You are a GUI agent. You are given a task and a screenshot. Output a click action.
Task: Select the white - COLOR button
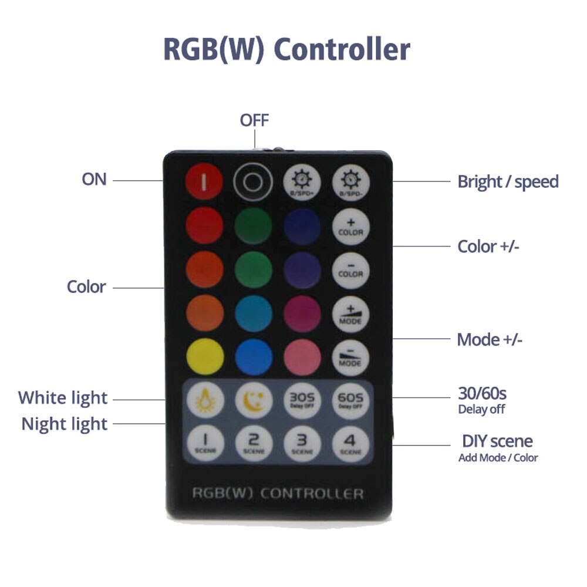click(351, 270)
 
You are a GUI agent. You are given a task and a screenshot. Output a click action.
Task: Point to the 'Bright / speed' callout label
click(508, 181)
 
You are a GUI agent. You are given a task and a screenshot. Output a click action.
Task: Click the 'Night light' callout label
click(65, 424)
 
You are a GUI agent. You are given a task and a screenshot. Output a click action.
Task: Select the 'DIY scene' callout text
click(497, 441)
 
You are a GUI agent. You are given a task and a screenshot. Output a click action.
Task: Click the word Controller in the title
click(342, 49)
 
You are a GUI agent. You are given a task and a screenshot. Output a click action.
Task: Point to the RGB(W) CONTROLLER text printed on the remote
click(278, 493)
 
